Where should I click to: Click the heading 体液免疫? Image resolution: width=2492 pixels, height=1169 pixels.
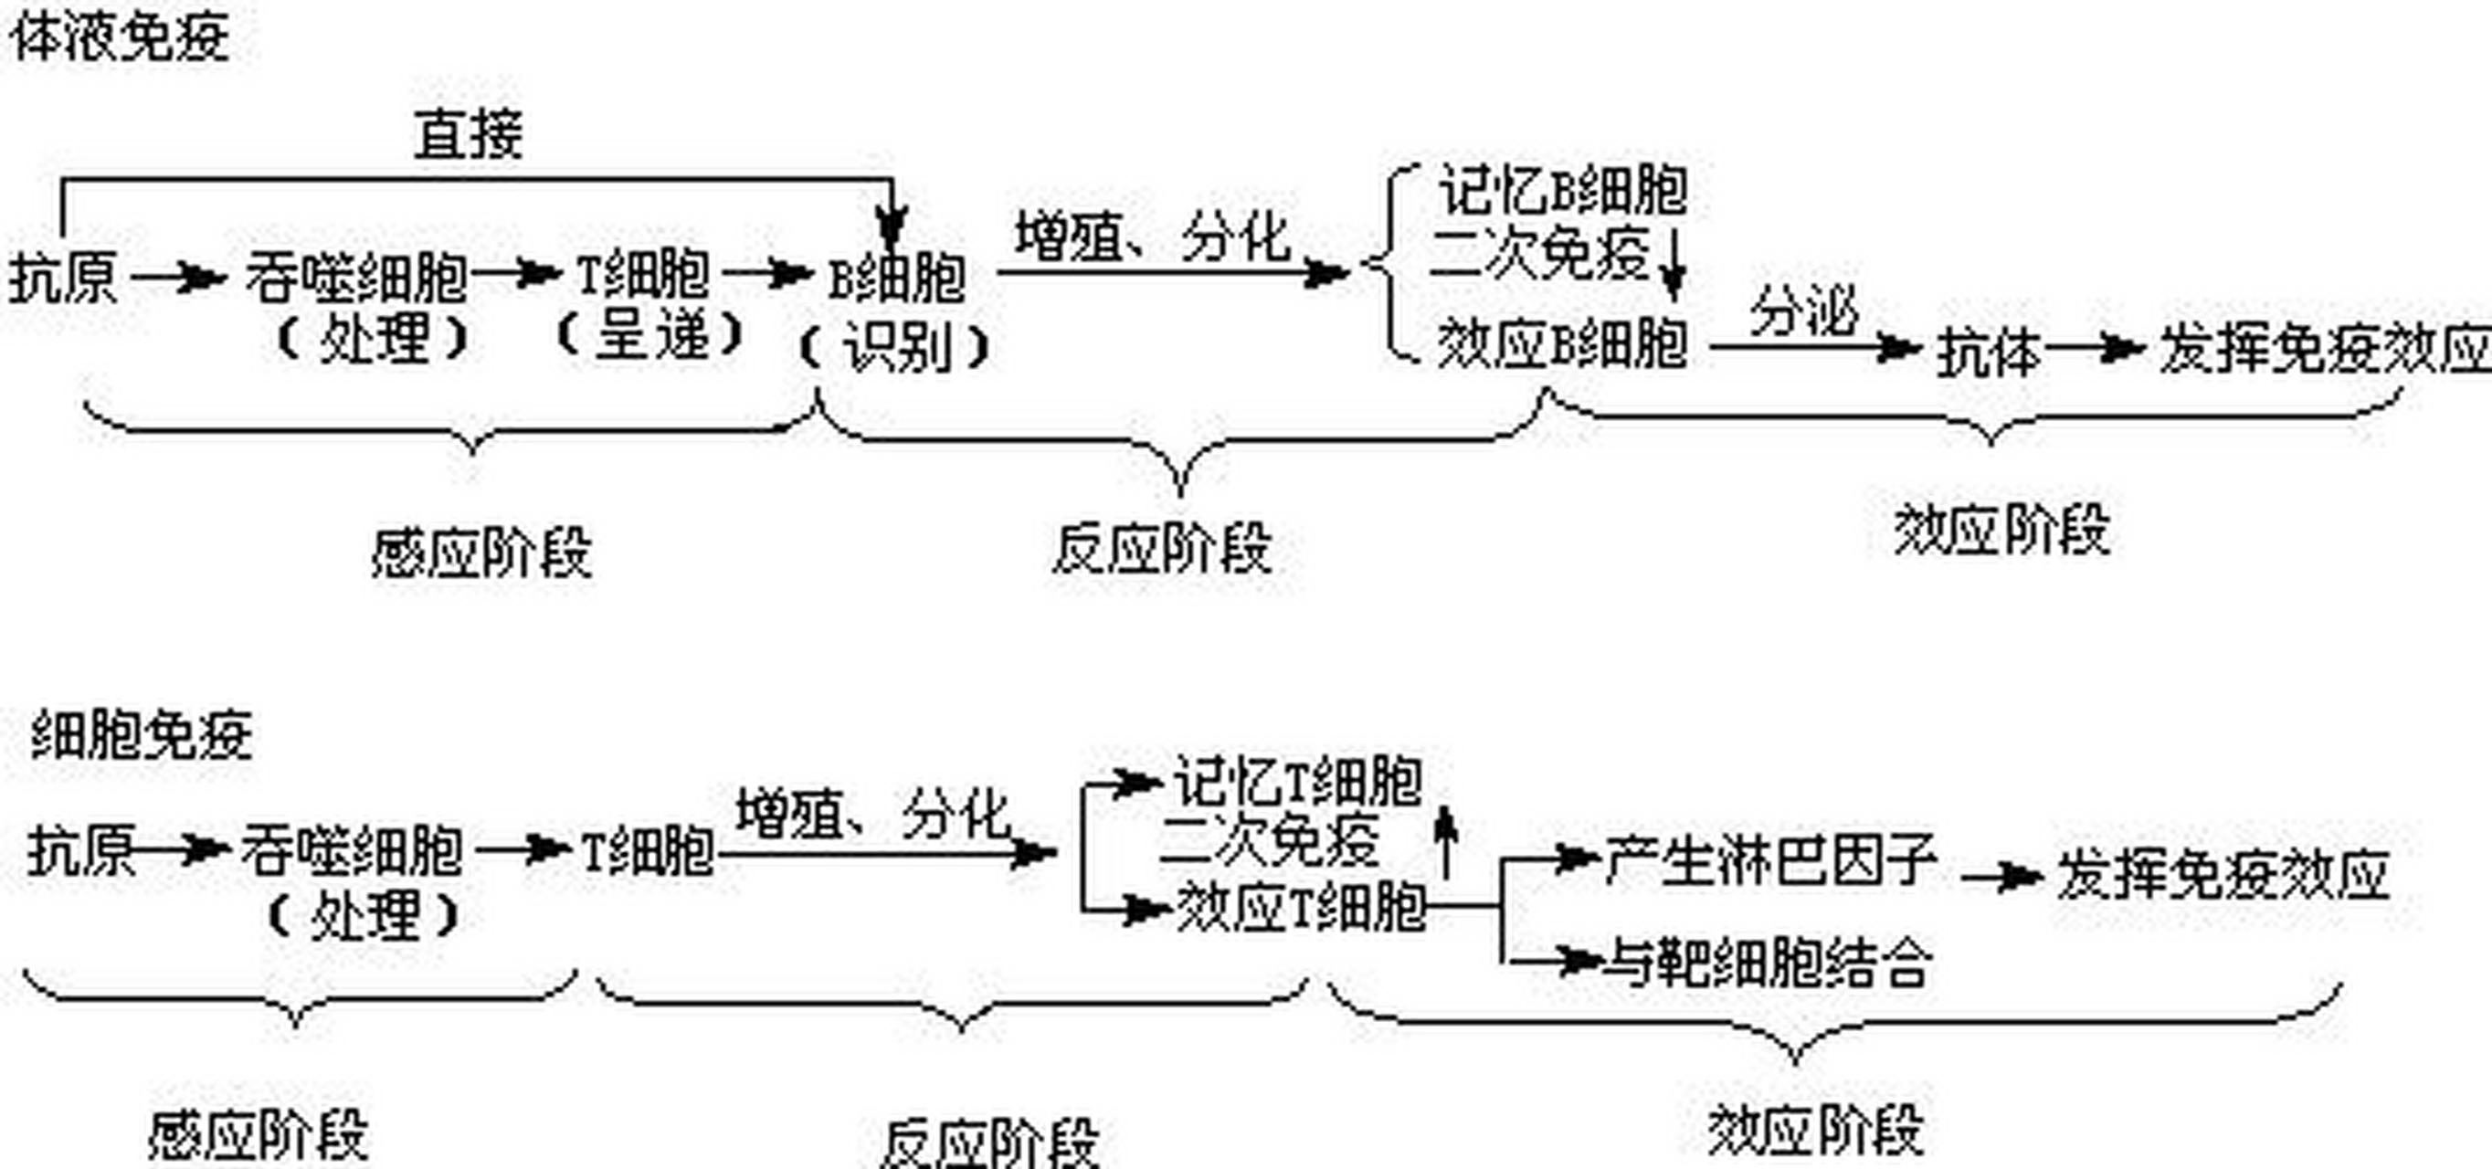[120, 38]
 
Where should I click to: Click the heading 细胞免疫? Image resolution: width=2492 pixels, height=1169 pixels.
[142, 735]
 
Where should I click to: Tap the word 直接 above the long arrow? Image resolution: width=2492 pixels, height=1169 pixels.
[469, 134]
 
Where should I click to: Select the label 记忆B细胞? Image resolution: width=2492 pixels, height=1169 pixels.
[1562, 191]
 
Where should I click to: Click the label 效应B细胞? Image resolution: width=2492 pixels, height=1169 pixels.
[1560, 344]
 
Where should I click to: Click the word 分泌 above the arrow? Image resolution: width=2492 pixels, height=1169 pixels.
[1804, 311]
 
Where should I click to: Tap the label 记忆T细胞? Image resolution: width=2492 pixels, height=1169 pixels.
[1296, 781]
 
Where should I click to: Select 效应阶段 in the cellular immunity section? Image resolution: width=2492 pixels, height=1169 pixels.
[1815, 1130]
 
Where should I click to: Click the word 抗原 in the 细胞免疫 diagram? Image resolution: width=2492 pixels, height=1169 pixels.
[80, 851]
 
